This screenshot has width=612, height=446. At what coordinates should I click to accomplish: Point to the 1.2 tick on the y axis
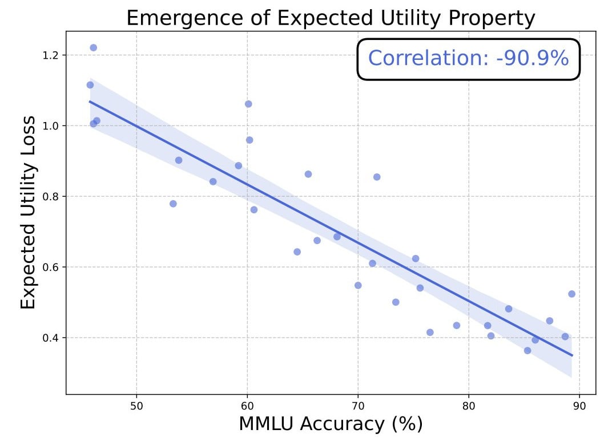coord(50,55)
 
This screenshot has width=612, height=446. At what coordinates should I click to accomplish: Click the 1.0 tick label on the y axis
coord(50,126)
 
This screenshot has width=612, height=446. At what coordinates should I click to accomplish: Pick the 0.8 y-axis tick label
coord(50,197)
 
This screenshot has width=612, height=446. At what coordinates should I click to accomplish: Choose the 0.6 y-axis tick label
coord(50,267)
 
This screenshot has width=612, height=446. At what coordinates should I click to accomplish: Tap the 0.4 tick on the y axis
coord(50,338)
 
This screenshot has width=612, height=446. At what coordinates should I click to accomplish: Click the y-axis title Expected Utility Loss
coord(28,212)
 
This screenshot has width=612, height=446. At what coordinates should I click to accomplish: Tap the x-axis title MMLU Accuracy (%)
coord(331,425)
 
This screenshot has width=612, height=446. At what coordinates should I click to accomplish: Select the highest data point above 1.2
coord(94,48)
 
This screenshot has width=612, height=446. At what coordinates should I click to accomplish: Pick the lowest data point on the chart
coord(528,351)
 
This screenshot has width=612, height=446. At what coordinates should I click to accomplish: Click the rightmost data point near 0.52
coord(571,294)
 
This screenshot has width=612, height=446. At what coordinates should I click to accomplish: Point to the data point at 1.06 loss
coord(248,104)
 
